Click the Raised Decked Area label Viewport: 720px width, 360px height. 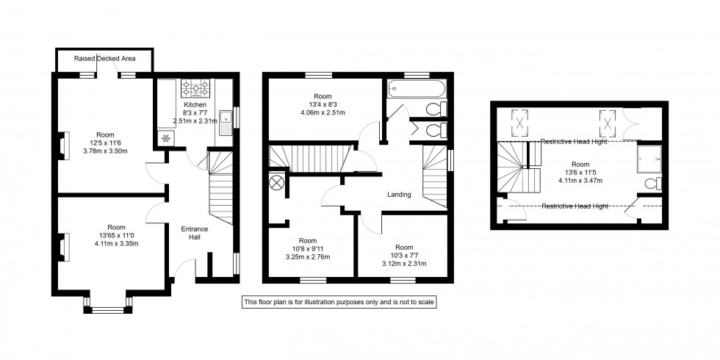[104, 58]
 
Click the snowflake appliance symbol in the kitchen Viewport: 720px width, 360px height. [165, 138]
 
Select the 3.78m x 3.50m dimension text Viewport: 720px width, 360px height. [107, 152]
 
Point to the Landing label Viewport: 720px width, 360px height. [399, 195]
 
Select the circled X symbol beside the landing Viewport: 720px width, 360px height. [278, 183]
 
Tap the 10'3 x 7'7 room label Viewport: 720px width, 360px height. [404, 248]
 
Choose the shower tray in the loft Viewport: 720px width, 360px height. [648, 155]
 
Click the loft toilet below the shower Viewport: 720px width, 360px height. [651, 183]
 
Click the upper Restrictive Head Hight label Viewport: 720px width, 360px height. [574, 142]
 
